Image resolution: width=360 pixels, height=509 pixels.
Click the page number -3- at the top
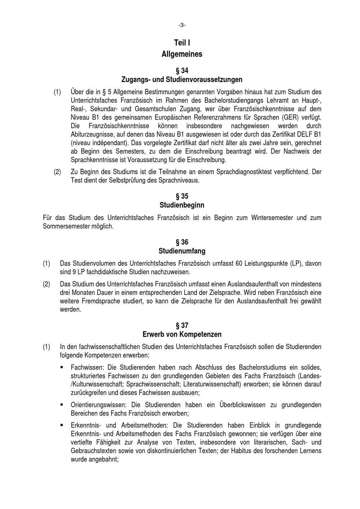[182, 25]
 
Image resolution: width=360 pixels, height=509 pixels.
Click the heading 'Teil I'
[182, 43]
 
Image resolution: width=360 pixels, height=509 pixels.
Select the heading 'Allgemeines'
[182, 54]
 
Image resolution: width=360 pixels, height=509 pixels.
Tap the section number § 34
[182, 70]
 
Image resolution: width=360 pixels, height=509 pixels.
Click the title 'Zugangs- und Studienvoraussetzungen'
[182, 79]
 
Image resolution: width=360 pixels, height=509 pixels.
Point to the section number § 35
[182, 196]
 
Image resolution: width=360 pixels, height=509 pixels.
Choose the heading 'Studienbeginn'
[182, 205]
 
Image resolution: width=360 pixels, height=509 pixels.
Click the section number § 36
[182, 242]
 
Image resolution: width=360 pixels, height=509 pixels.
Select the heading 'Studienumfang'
[182, 251]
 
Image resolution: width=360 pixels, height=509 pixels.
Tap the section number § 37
[182, 325]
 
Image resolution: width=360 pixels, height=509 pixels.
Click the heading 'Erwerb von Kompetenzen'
[182, 334]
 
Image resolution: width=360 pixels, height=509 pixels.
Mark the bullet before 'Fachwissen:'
[62, 368]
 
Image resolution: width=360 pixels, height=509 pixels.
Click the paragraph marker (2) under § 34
[57, 172]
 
